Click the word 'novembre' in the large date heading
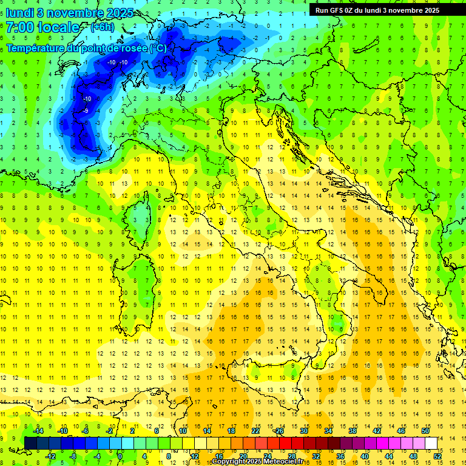[x=75, y=13]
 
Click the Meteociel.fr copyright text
[x=257, y=462]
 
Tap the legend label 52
[x=437, y=456]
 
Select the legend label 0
[x=120, y=456]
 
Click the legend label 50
[x=425, y=430]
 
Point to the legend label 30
[x=304, y=430]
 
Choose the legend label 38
[x=353, y=430]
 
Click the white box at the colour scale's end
[x=431, y=443]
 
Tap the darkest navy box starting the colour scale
[x=30, y=443]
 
